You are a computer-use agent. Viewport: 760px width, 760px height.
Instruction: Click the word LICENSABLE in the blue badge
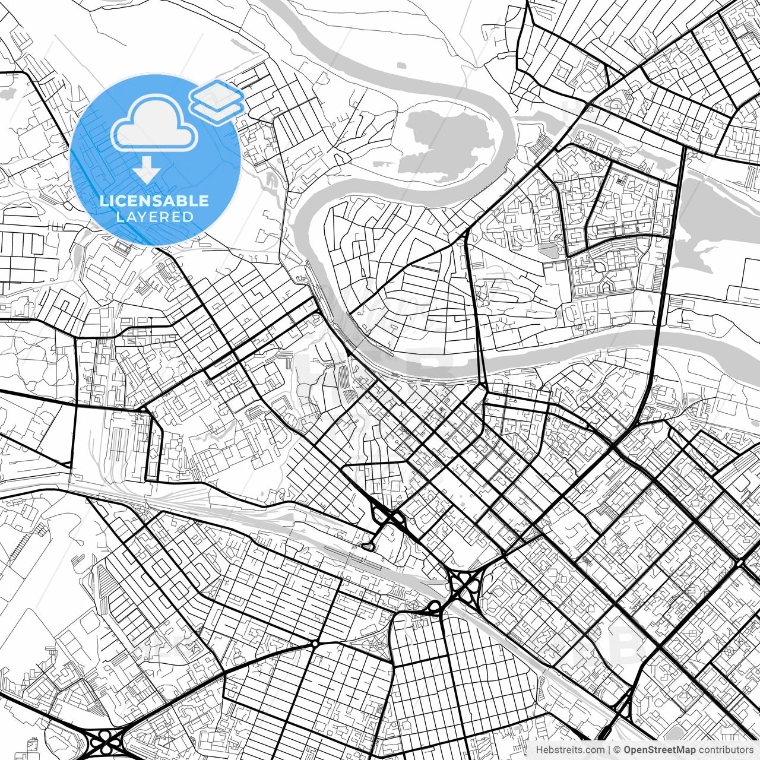click(154, 201)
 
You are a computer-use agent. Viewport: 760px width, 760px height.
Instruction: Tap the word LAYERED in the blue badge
click(154, 217)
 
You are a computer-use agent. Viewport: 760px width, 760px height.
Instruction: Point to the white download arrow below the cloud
click(146, 172)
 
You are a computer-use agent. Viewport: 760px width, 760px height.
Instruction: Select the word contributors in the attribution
click(726, 750)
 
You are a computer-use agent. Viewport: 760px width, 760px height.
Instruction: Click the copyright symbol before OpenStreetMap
click(617, 750)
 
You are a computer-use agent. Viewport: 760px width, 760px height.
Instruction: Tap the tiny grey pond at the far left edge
click(7, 93)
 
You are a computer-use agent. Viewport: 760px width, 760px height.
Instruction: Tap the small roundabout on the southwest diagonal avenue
click(314, 644)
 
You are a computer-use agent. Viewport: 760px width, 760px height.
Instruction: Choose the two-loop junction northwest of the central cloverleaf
click(386, 516)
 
